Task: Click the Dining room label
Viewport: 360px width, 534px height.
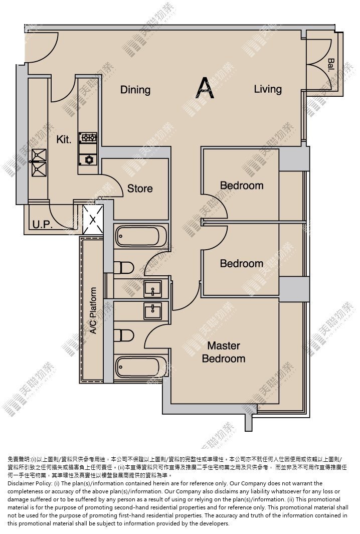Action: point(135,90)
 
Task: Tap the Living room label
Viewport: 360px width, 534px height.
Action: point(268,89)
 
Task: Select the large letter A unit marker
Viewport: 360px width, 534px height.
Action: point(205,88)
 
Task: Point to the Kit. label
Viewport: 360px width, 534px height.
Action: point(64,139)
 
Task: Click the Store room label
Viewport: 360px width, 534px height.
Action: point(140,189)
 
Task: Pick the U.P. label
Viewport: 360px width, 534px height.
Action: point(42,225)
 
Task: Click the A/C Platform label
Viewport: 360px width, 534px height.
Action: point(93,310)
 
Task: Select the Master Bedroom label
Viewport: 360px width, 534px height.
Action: point(224,352)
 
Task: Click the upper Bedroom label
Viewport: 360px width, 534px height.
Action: point(242,186)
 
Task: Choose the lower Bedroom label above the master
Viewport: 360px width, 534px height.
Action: point(242,263)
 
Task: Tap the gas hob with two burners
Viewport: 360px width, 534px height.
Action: point(88,137)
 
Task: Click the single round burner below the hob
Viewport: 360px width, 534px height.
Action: point(88,159)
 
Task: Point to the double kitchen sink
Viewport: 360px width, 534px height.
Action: point(39,162)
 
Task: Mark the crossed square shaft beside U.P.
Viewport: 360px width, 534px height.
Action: point(93,219)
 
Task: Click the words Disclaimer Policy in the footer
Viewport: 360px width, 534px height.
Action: point(30,483)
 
